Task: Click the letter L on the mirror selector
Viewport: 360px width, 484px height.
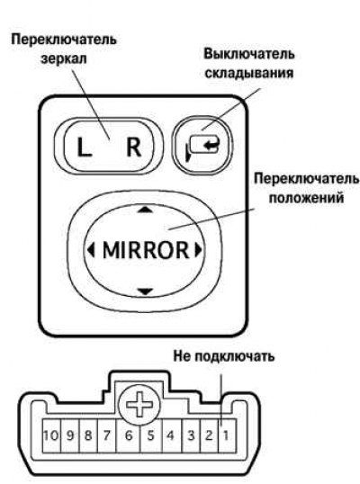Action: tap(84, 148)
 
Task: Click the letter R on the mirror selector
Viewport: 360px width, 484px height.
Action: tap(134, 147)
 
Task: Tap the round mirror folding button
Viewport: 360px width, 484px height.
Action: tap(202, 145)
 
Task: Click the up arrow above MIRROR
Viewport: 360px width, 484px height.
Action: tap(145, 210)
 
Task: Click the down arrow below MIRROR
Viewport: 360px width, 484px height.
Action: tap(145, 291)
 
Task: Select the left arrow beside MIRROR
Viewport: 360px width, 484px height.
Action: tap(91, 249)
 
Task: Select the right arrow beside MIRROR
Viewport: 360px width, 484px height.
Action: tap(198, 249)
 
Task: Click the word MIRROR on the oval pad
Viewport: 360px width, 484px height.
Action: tap(146, 250)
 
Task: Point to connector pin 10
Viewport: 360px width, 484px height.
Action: tap(51, 435)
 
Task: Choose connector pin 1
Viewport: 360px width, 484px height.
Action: tap(227, 435)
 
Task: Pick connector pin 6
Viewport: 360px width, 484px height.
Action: tap(128, 435)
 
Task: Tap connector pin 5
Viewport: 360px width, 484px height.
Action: tap(151, 435)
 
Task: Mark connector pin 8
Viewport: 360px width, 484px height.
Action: tap(88, 435)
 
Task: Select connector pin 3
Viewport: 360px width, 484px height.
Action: tap(192, 435)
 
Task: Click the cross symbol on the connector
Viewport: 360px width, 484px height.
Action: tap(139, 404)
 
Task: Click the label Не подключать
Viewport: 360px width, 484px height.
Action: tap(224, 356)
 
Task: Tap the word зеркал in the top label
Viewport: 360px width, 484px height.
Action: tap(64, 58)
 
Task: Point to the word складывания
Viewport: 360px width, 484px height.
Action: tap(249, 74)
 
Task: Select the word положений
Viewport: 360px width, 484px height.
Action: tap(306, 198)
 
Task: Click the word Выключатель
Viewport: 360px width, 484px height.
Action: tap(249, 54)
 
